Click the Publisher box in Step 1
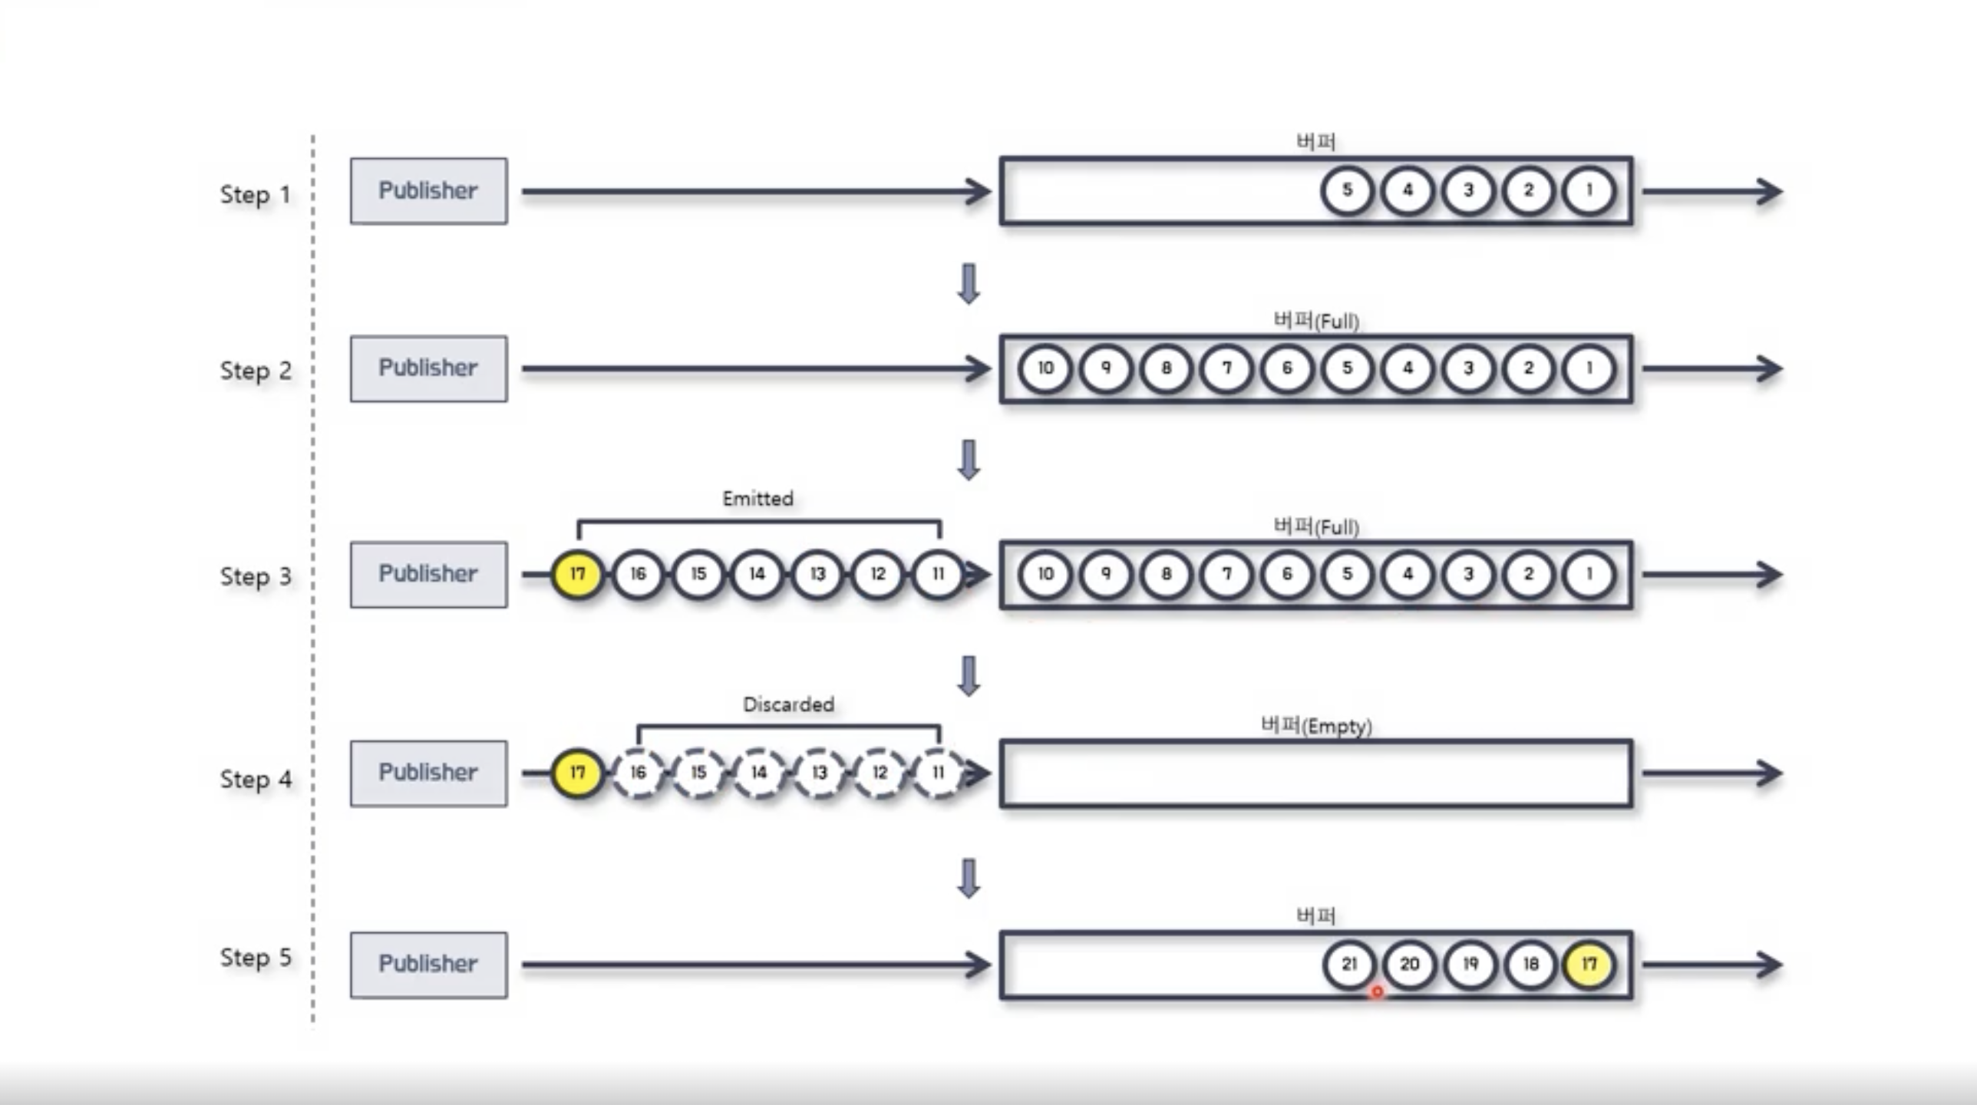(x=428, y=191)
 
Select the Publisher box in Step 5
(x=428, y=965)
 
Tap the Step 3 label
(x=256, y=576)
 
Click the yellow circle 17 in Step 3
(x=577, y=574)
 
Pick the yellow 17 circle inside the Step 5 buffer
(x=1589, y=964)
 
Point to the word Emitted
(x=757, y=499)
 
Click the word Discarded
(x=788, y=704)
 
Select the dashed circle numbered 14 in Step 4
(x=758, y=773)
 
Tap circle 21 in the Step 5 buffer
(x=1348, y=964)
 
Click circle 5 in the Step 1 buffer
(x=1347, y=190)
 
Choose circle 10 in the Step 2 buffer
(x=1045, y=368)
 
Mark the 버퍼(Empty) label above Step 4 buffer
(x=1316, y=725)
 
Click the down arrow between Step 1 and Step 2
(x=969, y=284)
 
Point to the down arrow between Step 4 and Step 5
(x=969, y=878)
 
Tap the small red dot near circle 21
(x=1377, y=992)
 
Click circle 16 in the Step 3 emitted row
(x=638, y=574)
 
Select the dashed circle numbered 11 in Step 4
(x=938, y=773)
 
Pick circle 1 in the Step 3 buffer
(x=1589, y=574)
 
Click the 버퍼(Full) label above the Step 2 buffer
(x=1316, y=321)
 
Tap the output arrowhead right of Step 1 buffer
(x=1768, y=191)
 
